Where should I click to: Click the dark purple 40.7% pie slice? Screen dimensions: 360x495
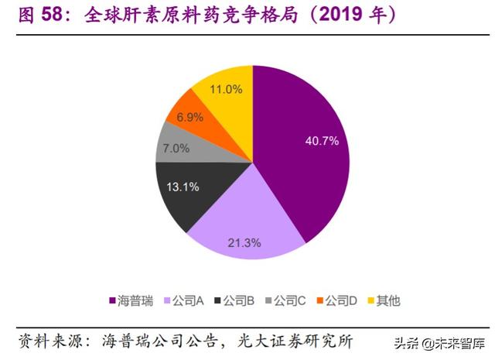click(x=306, y=155)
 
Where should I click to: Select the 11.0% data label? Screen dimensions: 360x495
click(x=226, y=89)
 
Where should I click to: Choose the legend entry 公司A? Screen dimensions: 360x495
click(x=186, y=300)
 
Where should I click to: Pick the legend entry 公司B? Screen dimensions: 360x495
click(x=238, y=300)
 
